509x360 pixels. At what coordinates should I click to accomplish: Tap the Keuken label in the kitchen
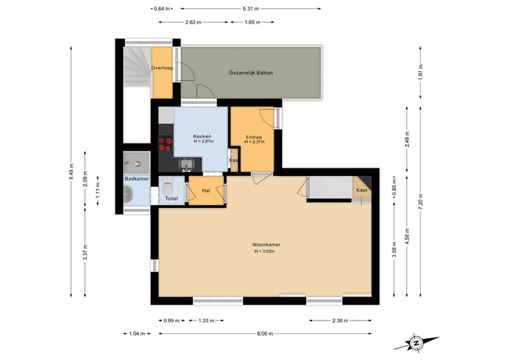tap(203, 136)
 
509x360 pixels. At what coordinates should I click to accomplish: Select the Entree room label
tap(254, 137)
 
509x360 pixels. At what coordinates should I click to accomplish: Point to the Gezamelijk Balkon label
tap(251, 73)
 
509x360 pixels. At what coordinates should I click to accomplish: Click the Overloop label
tap(163, 68)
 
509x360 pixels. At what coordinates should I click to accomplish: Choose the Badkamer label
tap(136, 179)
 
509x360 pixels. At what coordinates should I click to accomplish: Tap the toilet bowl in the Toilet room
tap(166, 187)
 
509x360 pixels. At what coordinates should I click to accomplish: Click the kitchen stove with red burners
tap(165, 144)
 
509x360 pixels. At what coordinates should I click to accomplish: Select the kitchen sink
tap(187, 165)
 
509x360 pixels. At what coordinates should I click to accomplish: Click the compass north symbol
tap(417, 342)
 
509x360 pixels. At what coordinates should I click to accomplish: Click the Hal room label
tap(206, 190)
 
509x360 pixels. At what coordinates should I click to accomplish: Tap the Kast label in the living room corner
tap(361, 190)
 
